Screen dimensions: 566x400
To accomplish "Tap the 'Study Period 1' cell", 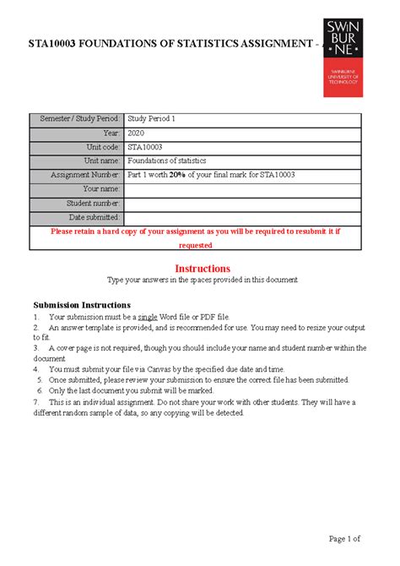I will pyautogui.click(x=153, y=119).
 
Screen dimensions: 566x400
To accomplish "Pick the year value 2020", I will pyautogui.click(x=137, y=133).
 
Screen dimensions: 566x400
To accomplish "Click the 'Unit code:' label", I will pyautogui.click(x=100, y=147).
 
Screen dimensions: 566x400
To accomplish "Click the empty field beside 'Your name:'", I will pyautogui.click(x=244, y=189).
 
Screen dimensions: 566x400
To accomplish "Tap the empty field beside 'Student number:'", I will pyautogui.click(x=244, y=204).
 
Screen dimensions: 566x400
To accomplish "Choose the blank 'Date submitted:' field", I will pyautogui.click(x=244, y=218).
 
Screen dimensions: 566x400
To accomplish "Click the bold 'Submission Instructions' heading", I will pyautogui.click(x=82, y=304).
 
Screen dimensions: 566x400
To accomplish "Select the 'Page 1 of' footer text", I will pyautogui.click(x=341, y=538).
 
